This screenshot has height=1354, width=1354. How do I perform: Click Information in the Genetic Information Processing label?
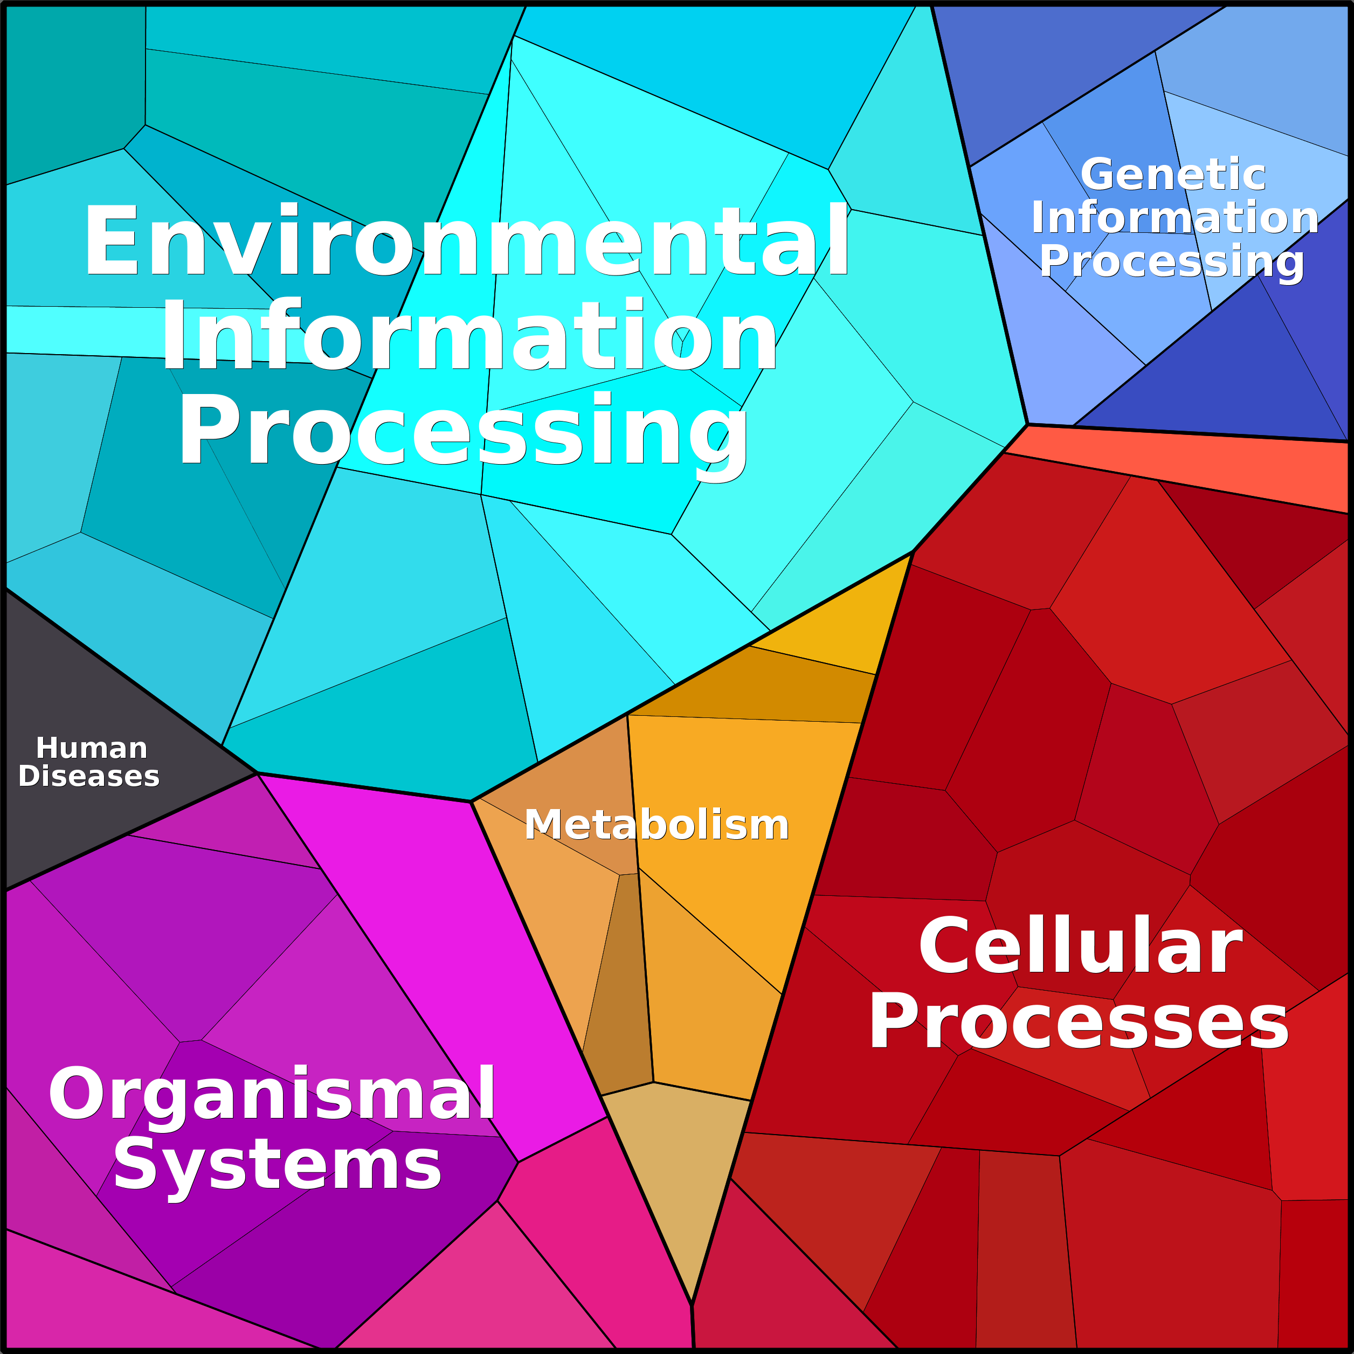pos(1175,217)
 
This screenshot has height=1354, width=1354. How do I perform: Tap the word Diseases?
pos(89,777)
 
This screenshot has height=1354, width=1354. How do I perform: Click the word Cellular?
pos(1080,945)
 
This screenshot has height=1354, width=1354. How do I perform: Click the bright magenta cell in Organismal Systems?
pos(448,953)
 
